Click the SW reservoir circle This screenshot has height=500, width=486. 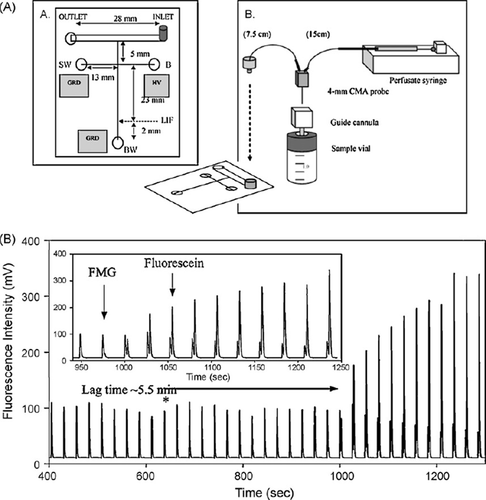81,63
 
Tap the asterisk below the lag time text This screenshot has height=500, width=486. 165,401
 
